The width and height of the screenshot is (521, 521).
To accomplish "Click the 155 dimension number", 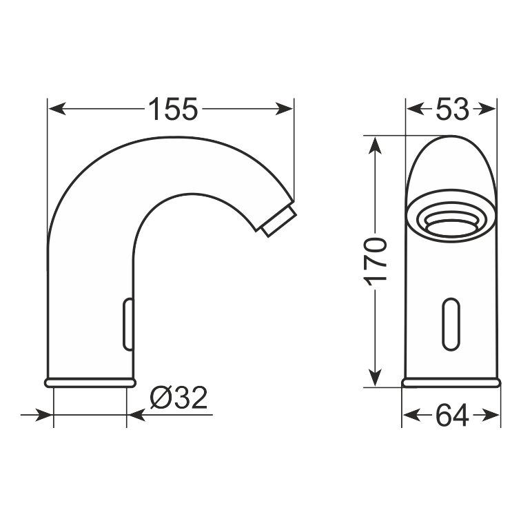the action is tap(173, 109).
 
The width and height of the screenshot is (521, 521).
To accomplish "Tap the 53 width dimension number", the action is tap(452, 109).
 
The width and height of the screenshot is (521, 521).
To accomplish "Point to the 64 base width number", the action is tap(452, 415).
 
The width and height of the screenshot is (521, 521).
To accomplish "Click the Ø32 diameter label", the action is tap(178, 398).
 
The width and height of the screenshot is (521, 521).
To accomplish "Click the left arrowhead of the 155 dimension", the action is tap(57, 109).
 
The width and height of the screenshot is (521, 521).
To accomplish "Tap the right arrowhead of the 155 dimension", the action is tap(284, 109).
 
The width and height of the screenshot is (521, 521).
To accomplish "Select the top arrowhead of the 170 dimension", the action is tap(376, 145).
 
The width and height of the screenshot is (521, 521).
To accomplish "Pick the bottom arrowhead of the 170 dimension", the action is tap(376, 378).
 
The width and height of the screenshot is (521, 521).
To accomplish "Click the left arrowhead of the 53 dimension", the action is tap(416, 109).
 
